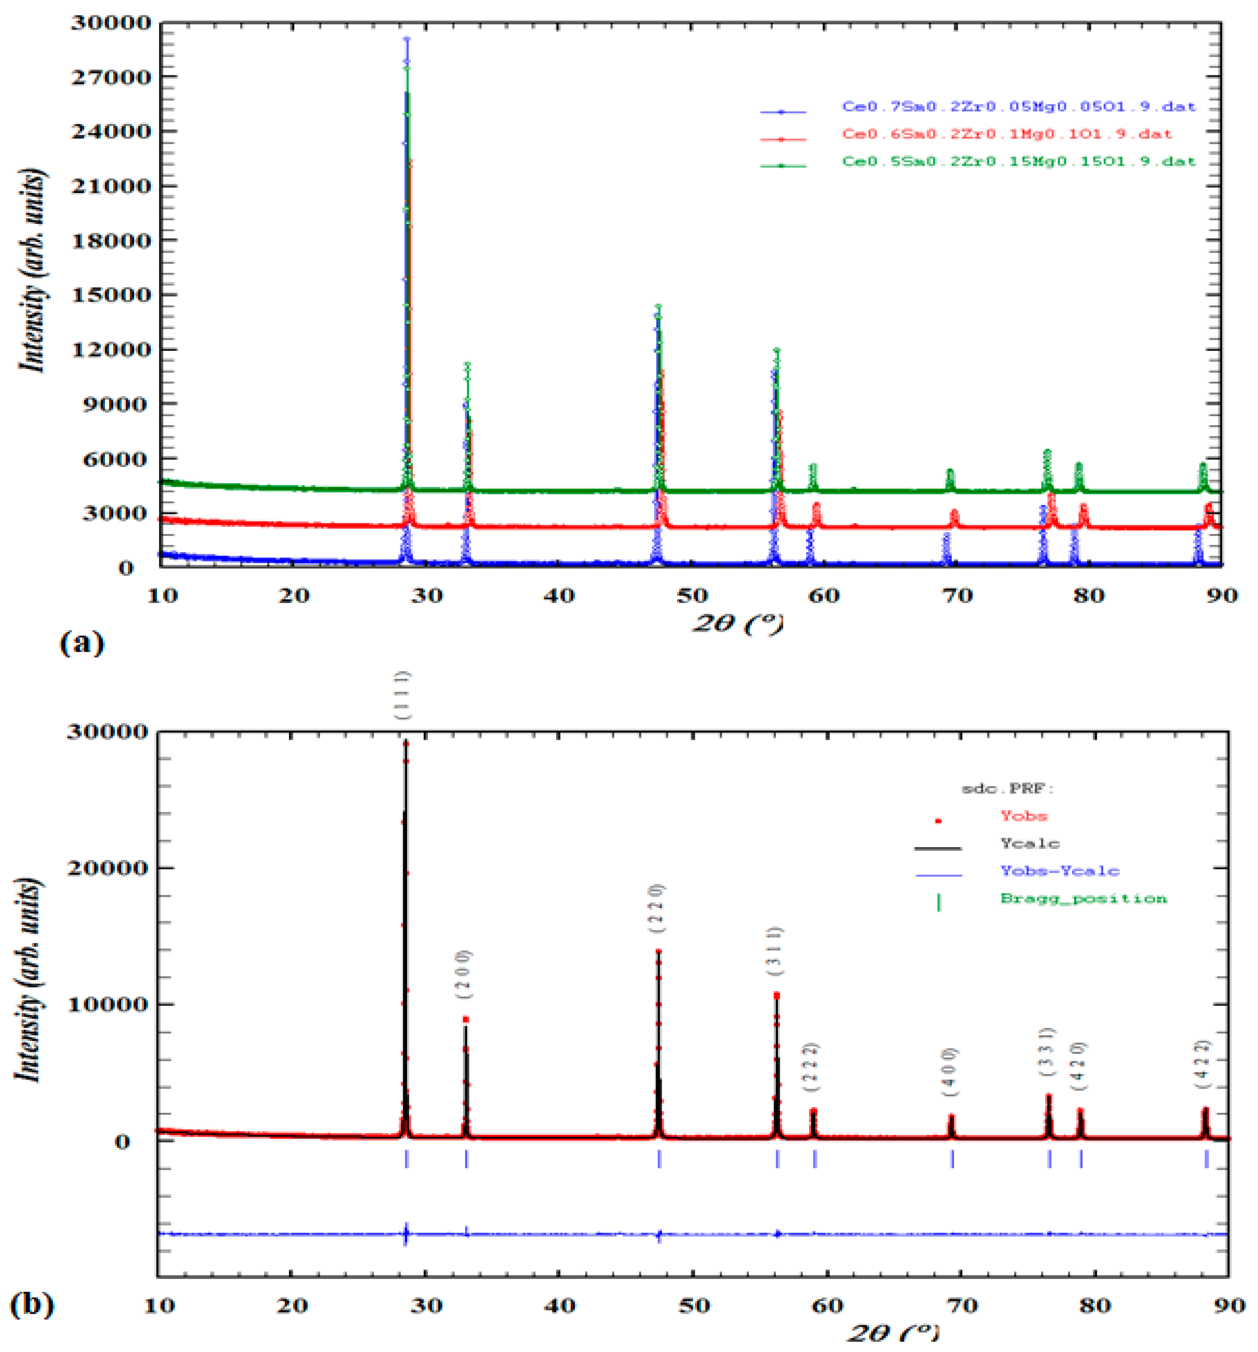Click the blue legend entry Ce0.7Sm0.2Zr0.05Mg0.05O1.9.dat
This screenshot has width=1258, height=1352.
(x=1018, y=107)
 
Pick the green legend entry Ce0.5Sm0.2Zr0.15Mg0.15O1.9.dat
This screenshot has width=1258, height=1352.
(x=1018, y=162)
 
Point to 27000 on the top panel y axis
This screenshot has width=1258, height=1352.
(x=111, y=77)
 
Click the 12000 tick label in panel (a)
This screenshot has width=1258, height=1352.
(x=111, y=350)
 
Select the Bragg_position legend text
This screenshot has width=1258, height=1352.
(x=1083, y=898)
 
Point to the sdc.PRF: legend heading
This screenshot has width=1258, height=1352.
(x=1007, y=788)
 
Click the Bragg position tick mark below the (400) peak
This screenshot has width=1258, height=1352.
(x=952, y=1158)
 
